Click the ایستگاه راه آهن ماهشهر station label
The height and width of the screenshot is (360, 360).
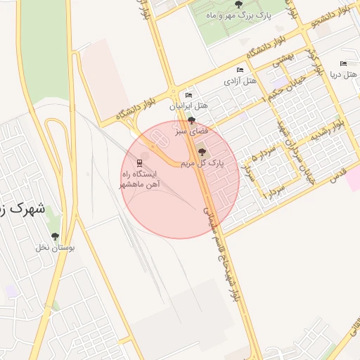[143, 179]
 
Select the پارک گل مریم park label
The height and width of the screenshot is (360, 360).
[202, 162]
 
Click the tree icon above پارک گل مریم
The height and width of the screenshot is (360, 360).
[202, 152]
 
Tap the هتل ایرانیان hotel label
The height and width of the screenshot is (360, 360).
[189, 105]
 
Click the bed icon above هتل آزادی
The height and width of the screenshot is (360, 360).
[240, 70]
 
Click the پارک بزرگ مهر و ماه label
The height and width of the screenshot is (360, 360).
[226, 14]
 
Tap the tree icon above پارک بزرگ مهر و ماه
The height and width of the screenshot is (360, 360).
[226, 4]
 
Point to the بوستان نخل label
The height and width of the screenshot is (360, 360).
[56, 247]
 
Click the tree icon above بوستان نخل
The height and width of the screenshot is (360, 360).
[56, 236]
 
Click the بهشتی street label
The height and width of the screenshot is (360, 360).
[283, 62]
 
